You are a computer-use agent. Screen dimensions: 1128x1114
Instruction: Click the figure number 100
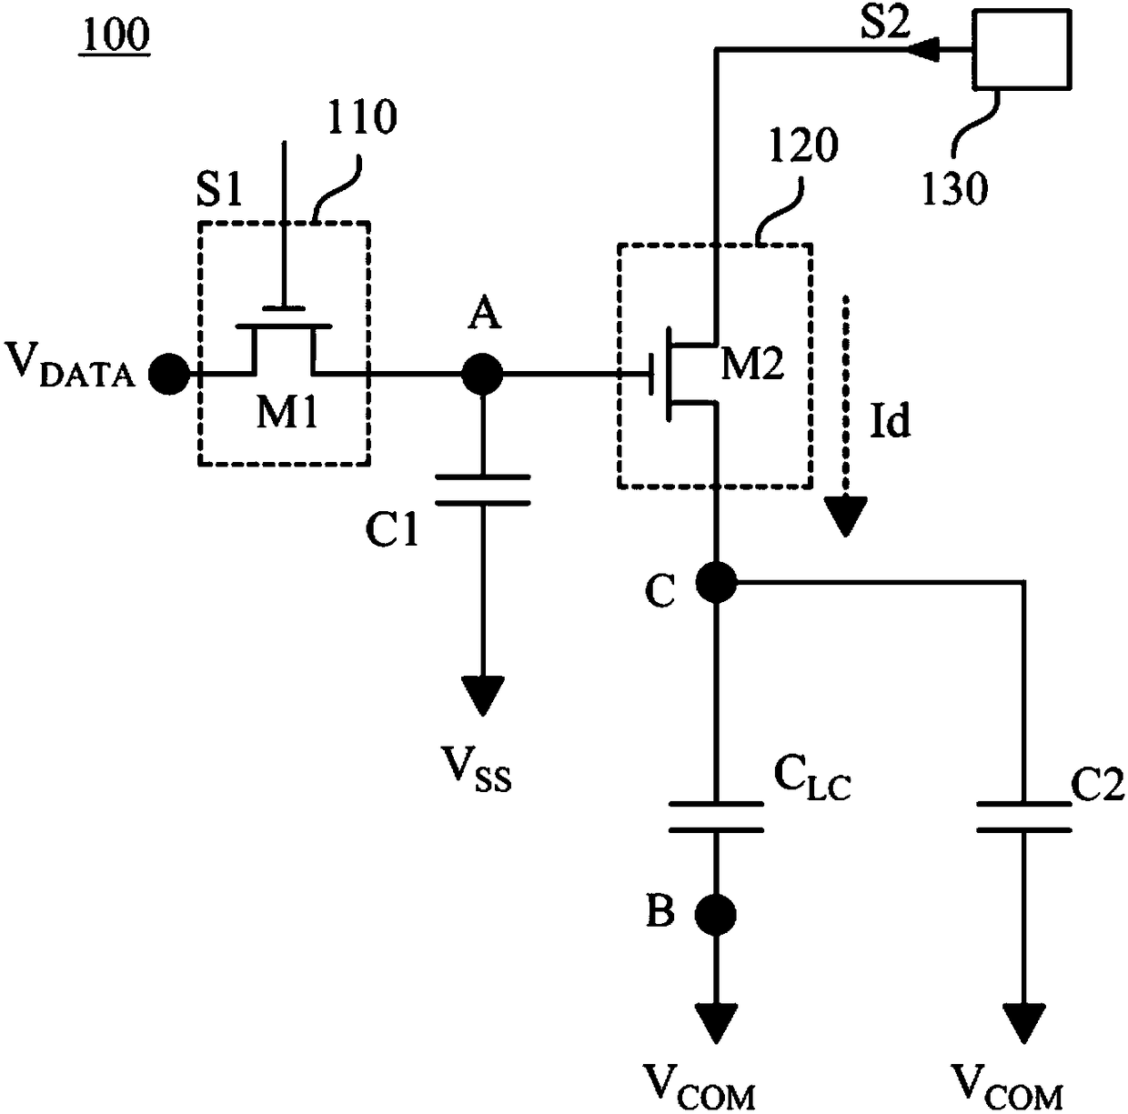pos(116,35)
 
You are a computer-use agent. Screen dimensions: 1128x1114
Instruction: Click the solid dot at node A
pos(482,374)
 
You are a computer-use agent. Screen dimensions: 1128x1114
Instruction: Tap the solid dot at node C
pos(716,583)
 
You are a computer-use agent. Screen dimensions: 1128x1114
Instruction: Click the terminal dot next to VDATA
pos(170,374)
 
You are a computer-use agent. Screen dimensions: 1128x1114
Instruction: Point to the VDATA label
pos(69,366)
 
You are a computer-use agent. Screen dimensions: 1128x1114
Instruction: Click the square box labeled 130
pos(1021,49)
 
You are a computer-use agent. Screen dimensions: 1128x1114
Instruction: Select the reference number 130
pos(955,189)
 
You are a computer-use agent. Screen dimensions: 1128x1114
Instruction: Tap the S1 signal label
pos(219,189)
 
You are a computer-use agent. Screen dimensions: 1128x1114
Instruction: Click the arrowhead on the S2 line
pos(923,50)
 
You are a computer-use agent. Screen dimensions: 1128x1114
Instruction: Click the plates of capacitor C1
pos(483,490)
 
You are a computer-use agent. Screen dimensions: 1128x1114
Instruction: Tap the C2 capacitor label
pos(1097,785)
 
